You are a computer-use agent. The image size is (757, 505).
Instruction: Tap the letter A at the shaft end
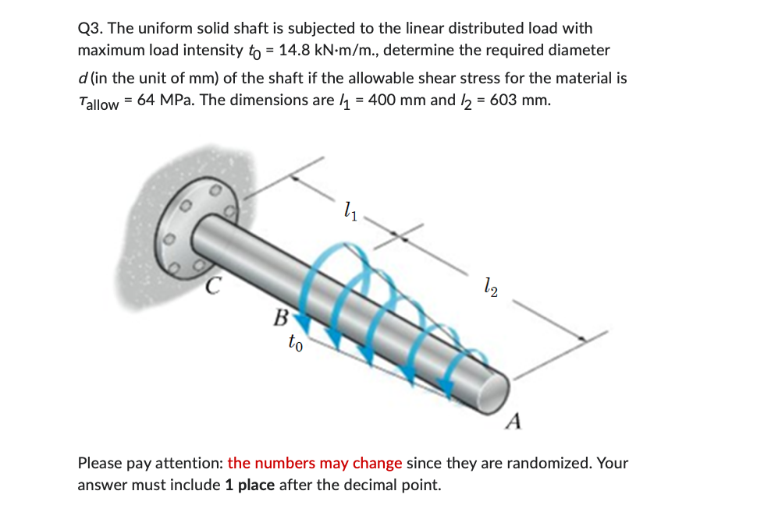click(x=513, y=421)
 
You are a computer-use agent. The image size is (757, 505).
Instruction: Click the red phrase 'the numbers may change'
click(x=315, y=463)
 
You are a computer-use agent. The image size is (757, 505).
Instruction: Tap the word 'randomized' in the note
click(x=551, y=463)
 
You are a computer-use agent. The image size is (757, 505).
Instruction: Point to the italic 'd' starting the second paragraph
click(x=82, y=79)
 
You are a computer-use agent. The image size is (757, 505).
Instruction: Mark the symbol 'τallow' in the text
click(x=98, y=102)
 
